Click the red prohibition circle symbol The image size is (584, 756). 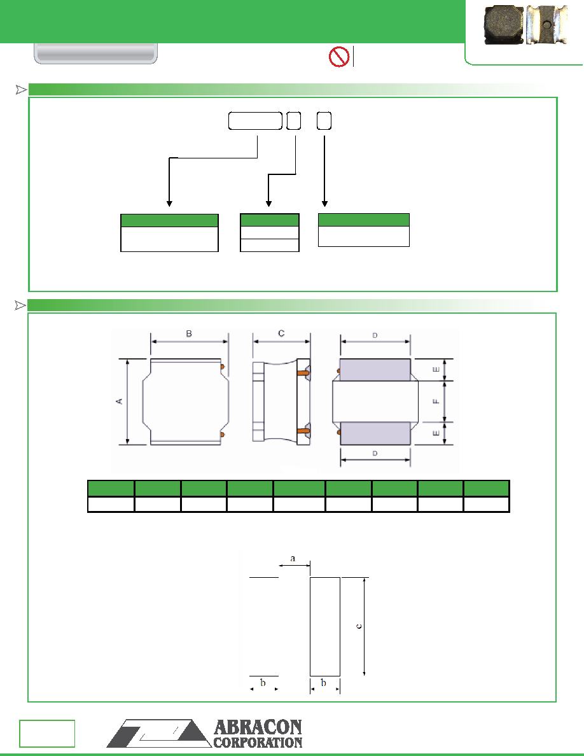point(338,57)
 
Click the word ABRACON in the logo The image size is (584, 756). point(258,727)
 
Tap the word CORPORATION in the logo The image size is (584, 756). point(258,743)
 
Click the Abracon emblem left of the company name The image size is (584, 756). point(159,733)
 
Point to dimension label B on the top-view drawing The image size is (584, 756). point(189,333)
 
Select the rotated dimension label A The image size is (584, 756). point(119,401)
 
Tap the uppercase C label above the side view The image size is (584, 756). point(281,333)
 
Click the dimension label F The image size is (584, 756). point(436,401)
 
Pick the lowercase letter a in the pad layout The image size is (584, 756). point(293,559)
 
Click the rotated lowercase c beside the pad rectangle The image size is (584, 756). point(359,626)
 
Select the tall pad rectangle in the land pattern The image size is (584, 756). point(325,626)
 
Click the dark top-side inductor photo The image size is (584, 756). point(504,25)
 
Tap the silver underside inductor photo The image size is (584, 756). point(546,25)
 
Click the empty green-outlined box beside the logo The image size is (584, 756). point(47,733)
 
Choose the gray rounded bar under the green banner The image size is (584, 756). point(96,53)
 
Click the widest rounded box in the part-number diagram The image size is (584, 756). point(255,121)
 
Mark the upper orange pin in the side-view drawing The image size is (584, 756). point(303,372)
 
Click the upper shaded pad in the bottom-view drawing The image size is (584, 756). point(375,370)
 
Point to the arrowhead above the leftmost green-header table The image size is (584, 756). point(169,204)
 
